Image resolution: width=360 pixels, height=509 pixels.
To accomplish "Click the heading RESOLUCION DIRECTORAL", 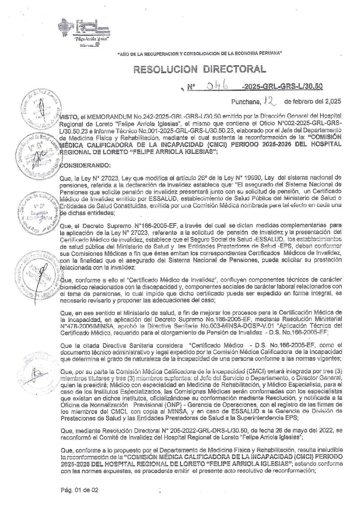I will [200, 69].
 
